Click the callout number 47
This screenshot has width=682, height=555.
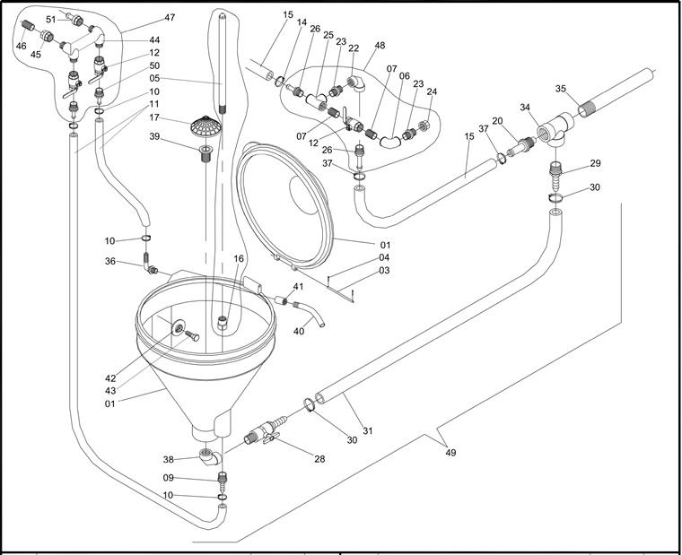(170, 18)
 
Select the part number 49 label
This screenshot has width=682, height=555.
(450, 453)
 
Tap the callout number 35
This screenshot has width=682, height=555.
(560, 89)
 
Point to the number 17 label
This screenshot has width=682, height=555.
(154, 117)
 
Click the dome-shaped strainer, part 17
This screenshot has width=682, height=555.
(205, 126)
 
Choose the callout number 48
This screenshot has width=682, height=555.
(380, 46)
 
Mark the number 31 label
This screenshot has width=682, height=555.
(366, 431)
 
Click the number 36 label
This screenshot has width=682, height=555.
(135, 262)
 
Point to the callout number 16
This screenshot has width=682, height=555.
(239, 258)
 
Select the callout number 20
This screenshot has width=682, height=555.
(497, 121)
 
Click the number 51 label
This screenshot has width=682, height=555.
(50, 19)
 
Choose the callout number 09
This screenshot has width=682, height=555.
(168, 478)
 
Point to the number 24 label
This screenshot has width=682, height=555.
(433, 92)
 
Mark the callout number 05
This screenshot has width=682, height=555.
(154, 78)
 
